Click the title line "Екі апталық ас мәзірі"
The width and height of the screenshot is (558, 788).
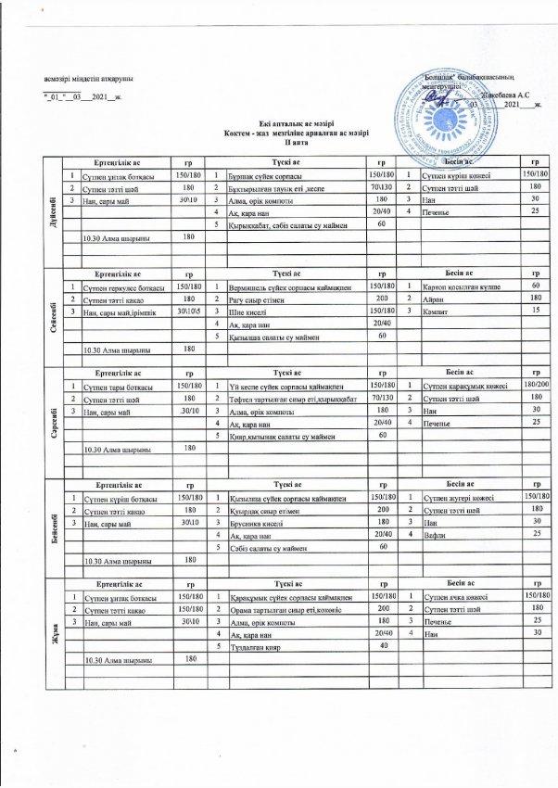[278, 124]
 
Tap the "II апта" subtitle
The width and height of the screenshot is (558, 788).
[278, 144]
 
